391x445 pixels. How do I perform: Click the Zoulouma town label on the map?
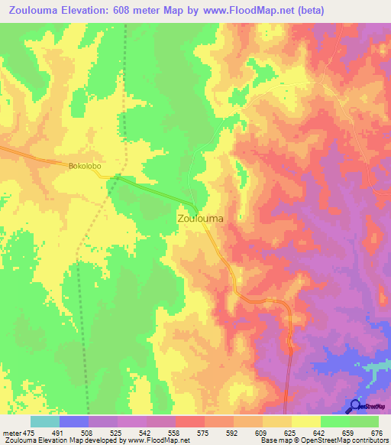coord(200,219)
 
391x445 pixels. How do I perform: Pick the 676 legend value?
coord(377,432)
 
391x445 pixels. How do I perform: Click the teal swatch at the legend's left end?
coord(44,421)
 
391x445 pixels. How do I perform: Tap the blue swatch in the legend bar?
coord(73,421)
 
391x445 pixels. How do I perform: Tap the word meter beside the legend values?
coord(10,432)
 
